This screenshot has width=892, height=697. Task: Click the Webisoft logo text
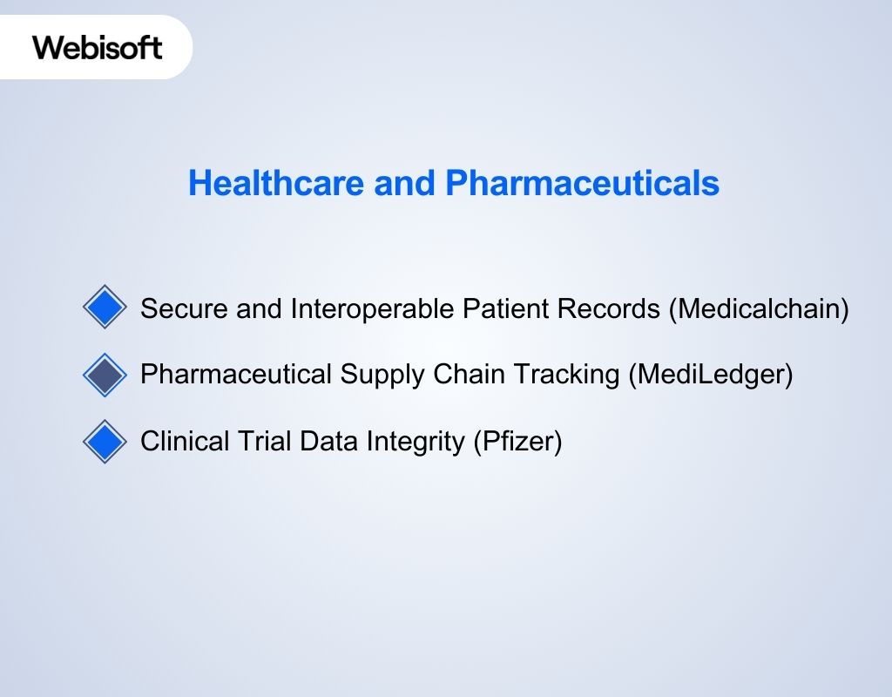(x=98, y=46)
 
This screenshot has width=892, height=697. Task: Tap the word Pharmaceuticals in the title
(x=582, y=184)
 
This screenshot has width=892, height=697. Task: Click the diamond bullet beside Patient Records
(x=105, y=308)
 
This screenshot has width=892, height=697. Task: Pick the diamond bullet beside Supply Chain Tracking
(x=105, y=375)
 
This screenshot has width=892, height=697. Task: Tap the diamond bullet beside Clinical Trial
(x=105, y=442)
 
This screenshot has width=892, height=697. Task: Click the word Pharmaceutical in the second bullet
(x=236, y=376)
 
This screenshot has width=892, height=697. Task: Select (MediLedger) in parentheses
(x=711, y=376)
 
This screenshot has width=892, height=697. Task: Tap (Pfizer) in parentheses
(x=517, y=443)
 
